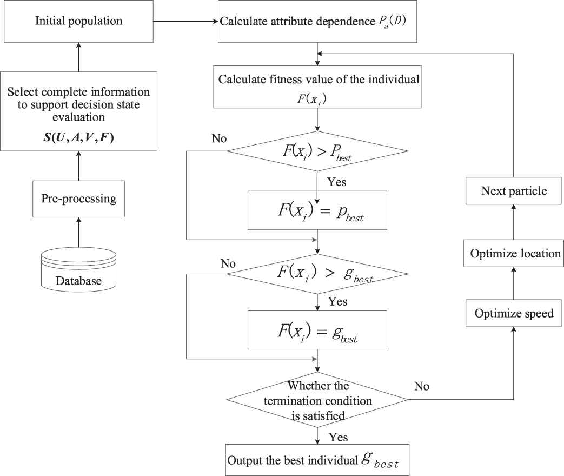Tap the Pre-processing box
click(x=79, y=199)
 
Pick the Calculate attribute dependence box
click(x=317, y=22)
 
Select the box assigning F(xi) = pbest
click(x=317, y=210)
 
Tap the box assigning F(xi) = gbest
click(x=317, y=329)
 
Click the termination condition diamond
click(x=317, y=401)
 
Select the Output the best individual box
click(x=317, y=460)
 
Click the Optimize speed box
click(x=514, y=313)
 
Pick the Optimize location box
click(x=514, y=253)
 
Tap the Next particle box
click(x=514, y=191)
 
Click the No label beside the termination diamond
click(x=422, y=386)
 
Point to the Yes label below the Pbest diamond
click(x=337, y=182)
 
